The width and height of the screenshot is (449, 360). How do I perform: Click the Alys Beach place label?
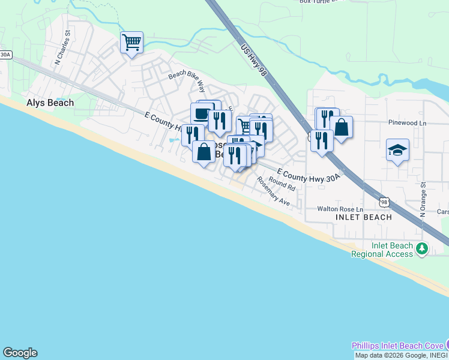[50, 103]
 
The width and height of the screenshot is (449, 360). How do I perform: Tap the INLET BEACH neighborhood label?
[364, 217]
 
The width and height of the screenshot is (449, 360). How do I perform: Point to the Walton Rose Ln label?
[340, 209]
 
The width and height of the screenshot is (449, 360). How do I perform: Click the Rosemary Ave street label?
[273, 192]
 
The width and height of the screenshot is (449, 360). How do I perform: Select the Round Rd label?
[282, 184]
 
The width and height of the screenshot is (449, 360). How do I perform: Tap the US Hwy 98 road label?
[253, 59]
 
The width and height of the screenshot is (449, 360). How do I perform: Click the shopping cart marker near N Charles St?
[131, 43]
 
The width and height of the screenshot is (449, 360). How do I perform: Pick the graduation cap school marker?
[397, 150]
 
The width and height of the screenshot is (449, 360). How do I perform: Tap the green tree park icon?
[422, 248]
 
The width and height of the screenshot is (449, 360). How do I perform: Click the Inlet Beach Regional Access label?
[383, 250]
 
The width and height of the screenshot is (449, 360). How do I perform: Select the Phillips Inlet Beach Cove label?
[397, 346]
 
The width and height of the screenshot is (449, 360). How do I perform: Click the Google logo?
[20, 353]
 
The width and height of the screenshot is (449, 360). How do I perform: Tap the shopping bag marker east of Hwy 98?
[341, 127]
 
